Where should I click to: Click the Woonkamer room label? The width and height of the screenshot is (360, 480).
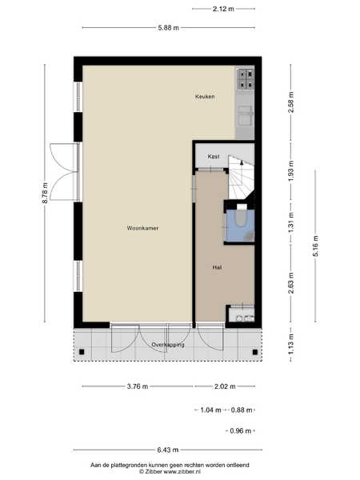tap(142, 228)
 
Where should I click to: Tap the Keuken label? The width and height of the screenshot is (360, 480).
tap(205, 97)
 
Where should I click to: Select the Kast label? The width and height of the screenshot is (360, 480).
tap(214, 157)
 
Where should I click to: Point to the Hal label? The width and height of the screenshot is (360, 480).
tap(217, 267)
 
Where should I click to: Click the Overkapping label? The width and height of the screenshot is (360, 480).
tap(168, 345)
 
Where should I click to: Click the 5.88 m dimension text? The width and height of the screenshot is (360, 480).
tap(168, 28)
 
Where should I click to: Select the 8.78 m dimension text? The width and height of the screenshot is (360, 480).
tap(45, 193)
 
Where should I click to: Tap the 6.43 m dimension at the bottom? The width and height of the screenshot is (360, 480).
tap(168, 450)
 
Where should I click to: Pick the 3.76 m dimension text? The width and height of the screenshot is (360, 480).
tap(138, 386)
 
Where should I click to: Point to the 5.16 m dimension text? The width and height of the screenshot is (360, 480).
tap(316, 246)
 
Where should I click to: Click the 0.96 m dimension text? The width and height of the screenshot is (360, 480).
tap(240, 430)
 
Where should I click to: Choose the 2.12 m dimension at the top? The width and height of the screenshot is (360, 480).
tap(223, 9)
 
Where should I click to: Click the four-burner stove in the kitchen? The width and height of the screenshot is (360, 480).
tap(246, 79)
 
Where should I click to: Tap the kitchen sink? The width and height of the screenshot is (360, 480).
tap(246, 115)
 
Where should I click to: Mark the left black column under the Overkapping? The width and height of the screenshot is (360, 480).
tap(82, 352)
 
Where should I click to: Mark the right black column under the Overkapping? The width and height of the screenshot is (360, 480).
tap(255, 352)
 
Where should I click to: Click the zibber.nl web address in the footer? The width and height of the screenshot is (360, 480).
tap(182, 472)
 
